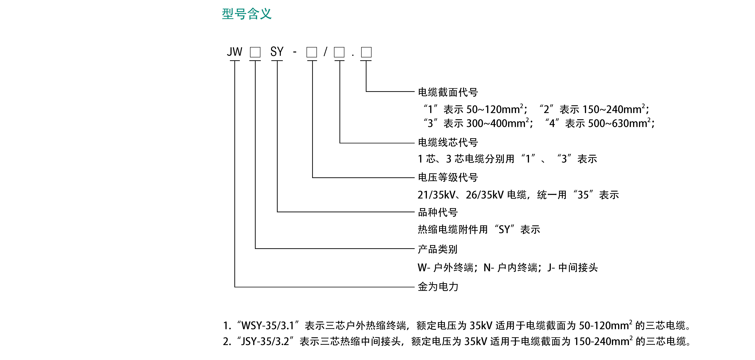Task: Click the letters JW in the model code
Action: (x=235, y=52)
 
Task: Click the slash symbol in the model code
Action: (x=325, y=52)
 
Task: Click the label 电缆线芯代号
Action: (x=448, y=143)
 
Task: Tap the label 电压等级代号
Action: (x=448, y=177)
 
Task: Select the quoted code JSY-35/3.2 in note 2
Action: (x=265, y=341)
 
